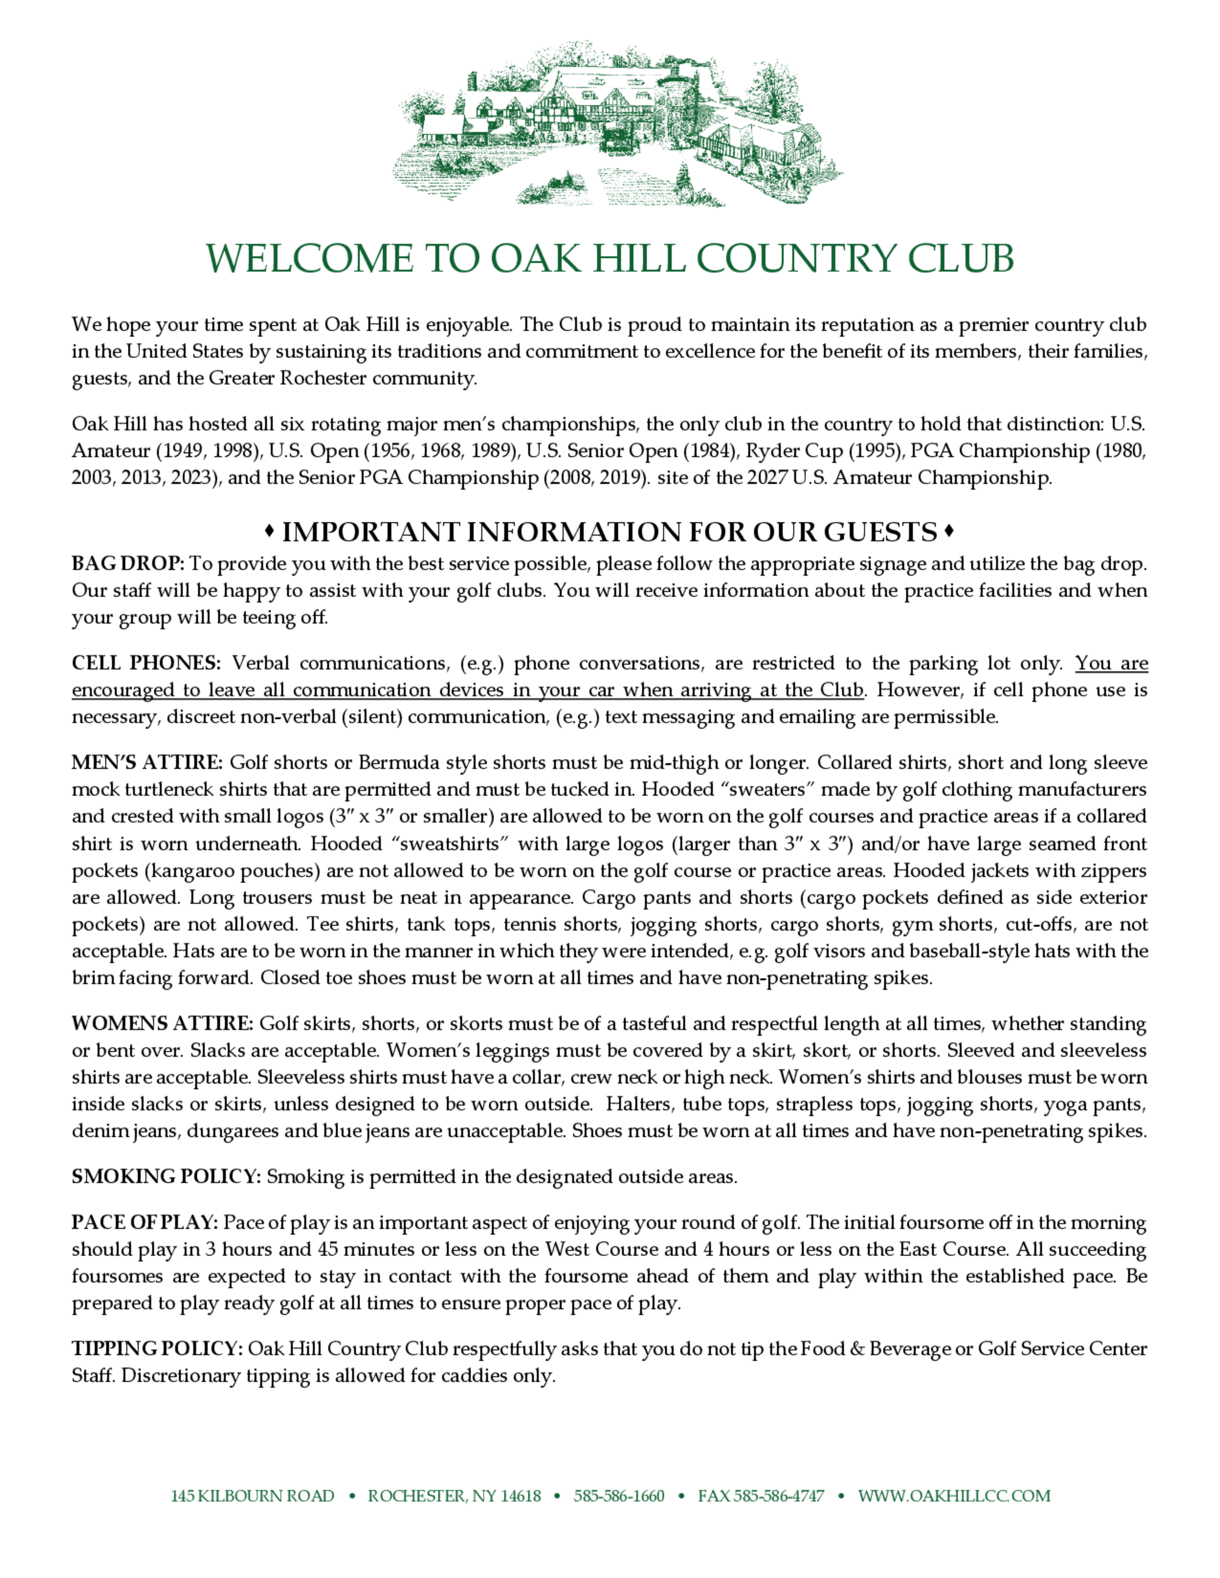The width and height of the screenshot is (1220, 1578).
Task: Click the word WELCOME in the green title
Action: point(309,259)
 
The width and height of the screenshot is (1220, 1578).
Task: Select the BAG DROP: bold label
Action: point(128,563)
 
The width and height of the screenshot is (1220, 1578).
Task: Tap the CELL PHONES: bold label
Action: point(146,663)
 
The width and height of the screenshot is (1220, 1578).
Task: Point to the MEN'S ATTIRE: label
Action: point(148,763)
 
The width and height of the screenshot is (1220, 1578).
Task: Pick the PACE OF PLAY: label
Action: point(145,1223)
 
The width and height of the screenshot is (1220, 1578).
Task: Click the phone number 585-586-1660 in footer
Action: point(619,1496)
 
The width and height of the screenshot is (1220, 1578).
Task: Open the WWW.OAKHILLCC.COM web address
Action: point(954,1496)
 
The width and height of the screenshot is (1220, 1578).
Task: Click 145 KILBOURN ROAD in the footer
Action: point(253,1496)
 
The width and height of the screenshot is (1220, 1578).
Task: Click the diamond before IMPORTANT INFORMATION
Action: point(269,532)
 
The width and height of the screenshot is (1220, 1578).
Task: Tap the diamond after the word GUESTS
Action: point(949,532)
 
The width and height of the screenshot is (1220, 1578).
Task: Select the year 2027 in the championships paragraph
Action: point(767,478)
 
